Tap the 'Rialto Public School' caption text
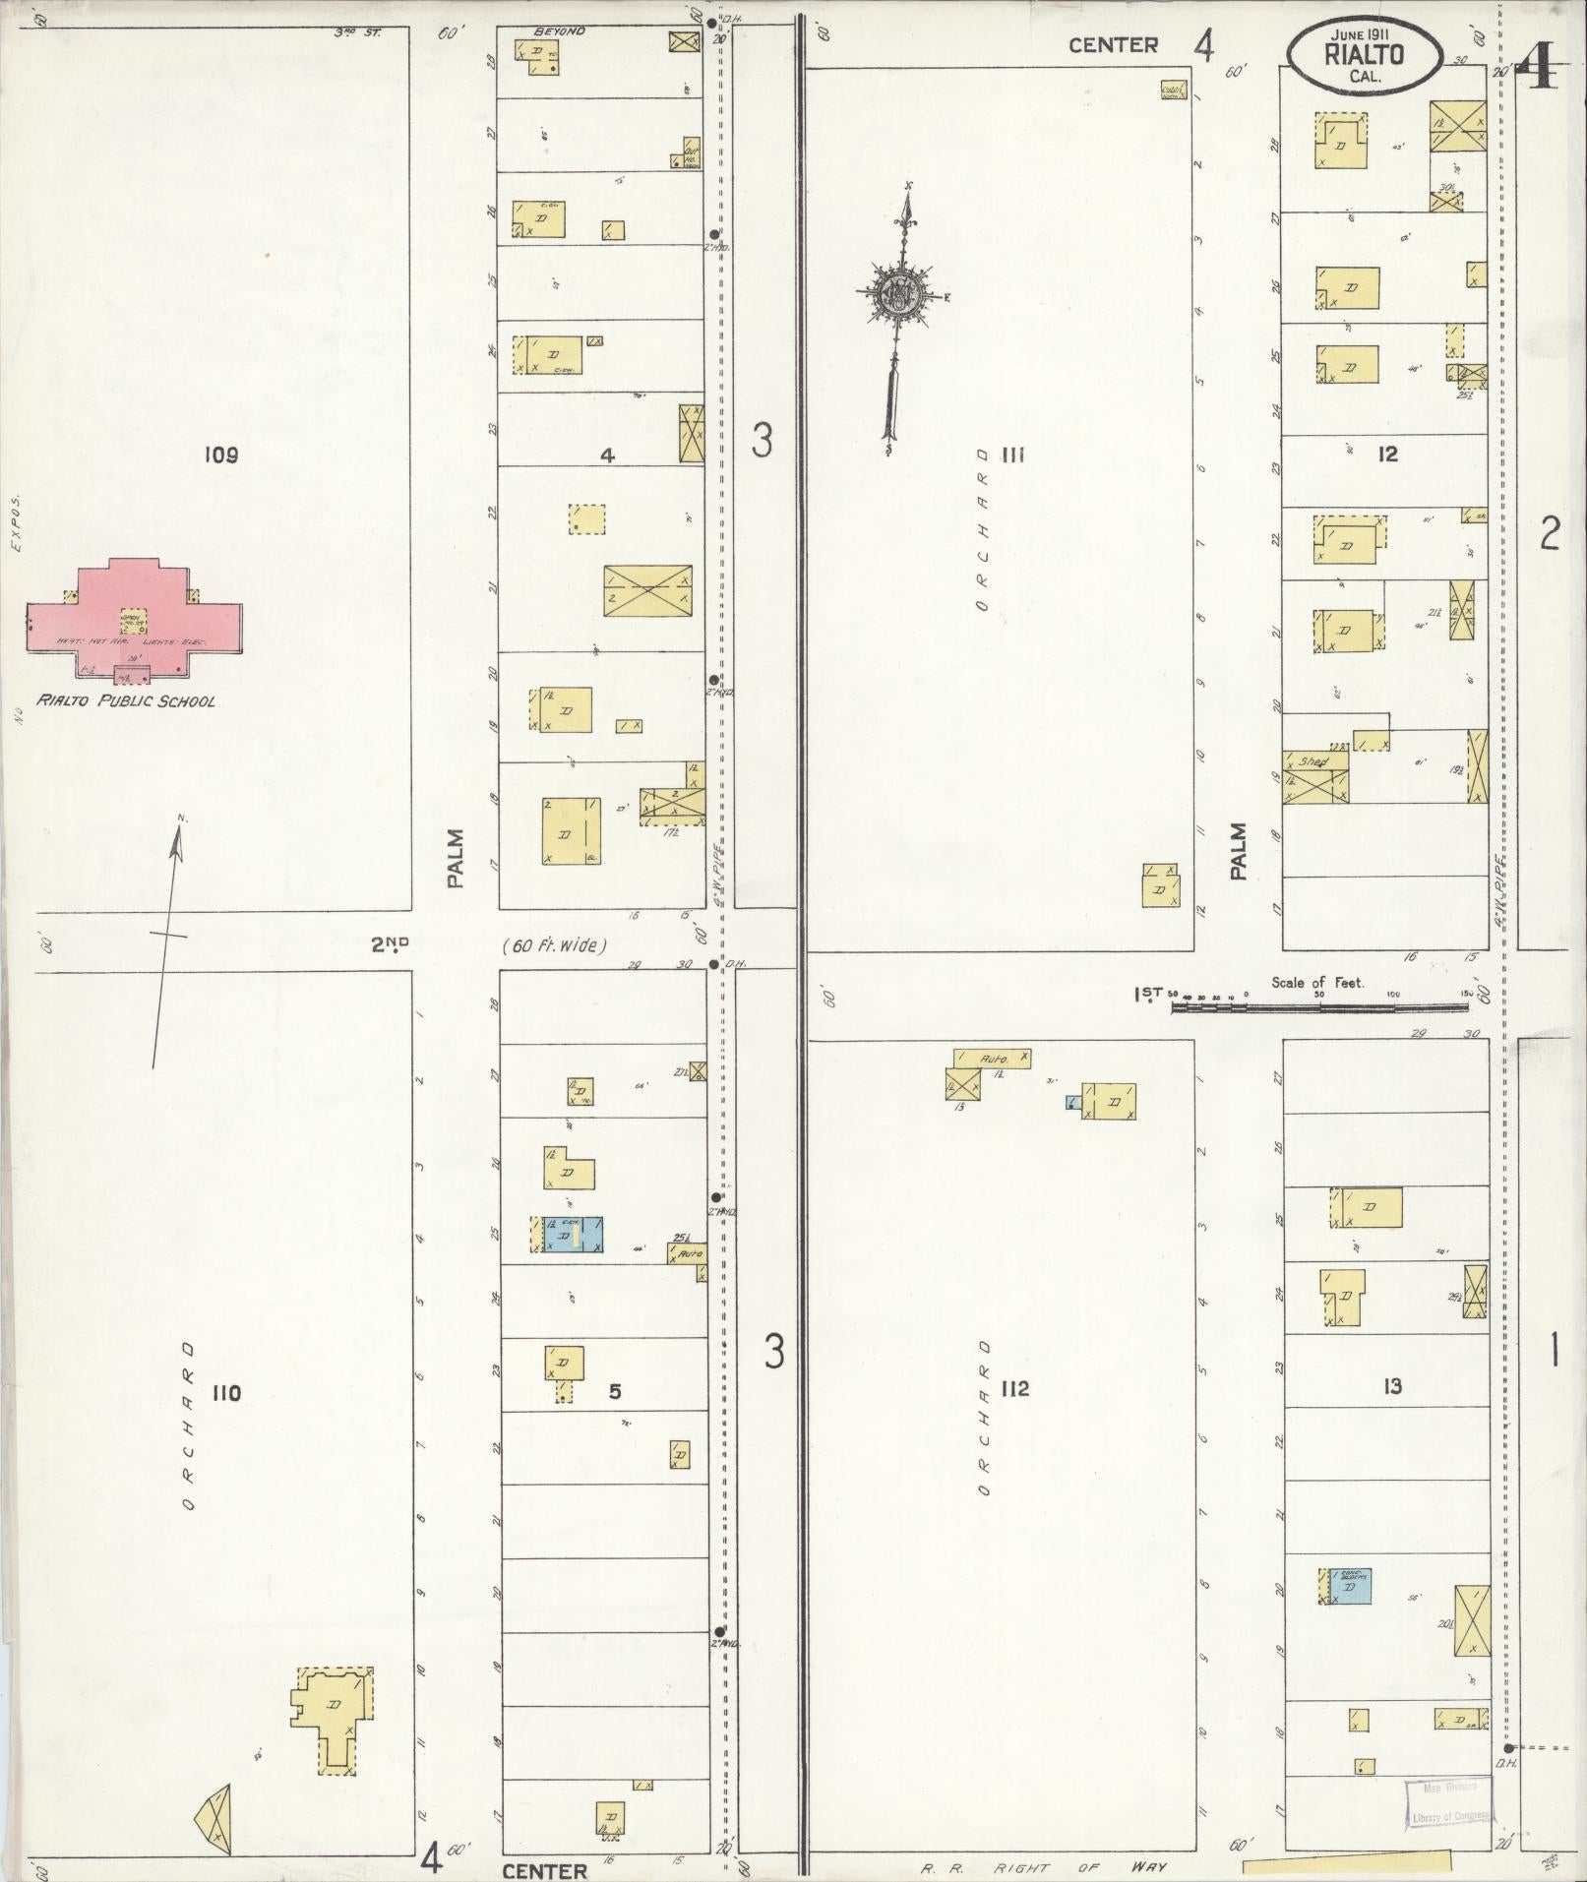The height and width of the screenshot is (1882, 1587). [126, 701]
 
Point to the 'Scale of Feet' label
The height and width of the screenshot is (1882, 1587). [1317, 982]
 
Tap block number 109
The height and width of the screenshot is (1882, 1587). [222, 455]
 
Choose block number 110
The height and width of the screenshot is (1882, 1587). [225, 1392]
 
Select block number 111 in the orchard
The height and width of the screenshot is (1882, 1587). [1014, 455]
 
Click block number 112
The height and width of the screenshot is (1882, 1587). [1014, 1388]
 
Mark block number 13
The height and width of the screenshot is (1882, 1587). [1391, 1386]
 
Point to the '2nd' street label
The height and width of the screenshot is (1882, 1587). [390, 944]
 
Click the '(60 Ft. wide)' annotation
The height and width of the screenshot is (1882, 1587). [554, 945]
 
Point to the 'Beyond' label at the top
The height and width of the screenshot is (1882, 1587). [559, 31]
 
